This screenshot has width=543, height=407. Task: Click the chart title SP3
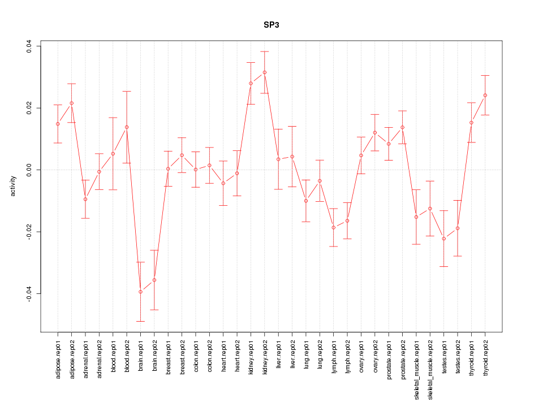[x=271, y=25]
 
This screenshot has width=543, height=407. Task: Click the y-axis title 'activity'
[x=13, y=186]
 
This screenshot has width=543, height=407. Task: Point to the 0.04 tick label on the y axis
[x=29, y=46]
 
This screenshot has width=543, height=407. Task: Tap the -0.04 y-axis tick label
[x=29, y=294]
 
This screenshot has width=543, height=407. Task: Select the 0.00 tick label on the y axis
[x=29, y=170]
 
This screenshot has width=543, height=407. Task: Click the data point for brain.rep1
[x=140, y=292]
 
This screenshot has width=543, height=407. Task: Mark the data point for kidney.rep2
[x=265, y=72]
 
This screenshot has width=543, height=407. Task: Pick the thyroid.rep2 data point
[x=485, y=95]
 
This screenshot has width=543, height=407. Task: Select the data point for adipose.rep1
[x=58, y=124]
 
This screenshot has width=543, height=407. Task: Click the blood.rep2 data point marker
[x=127, y=127]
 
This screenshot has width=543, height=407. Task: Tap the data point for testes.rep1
[x=444, y=239]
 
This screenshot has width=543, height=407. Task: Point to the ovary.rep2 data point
[x=375, y=132]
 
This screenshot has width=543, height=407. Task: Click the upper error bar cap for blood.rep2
[x=127, y=91]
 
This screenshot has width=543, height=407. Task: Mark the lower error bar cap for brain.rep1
[x=140, y=321]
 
